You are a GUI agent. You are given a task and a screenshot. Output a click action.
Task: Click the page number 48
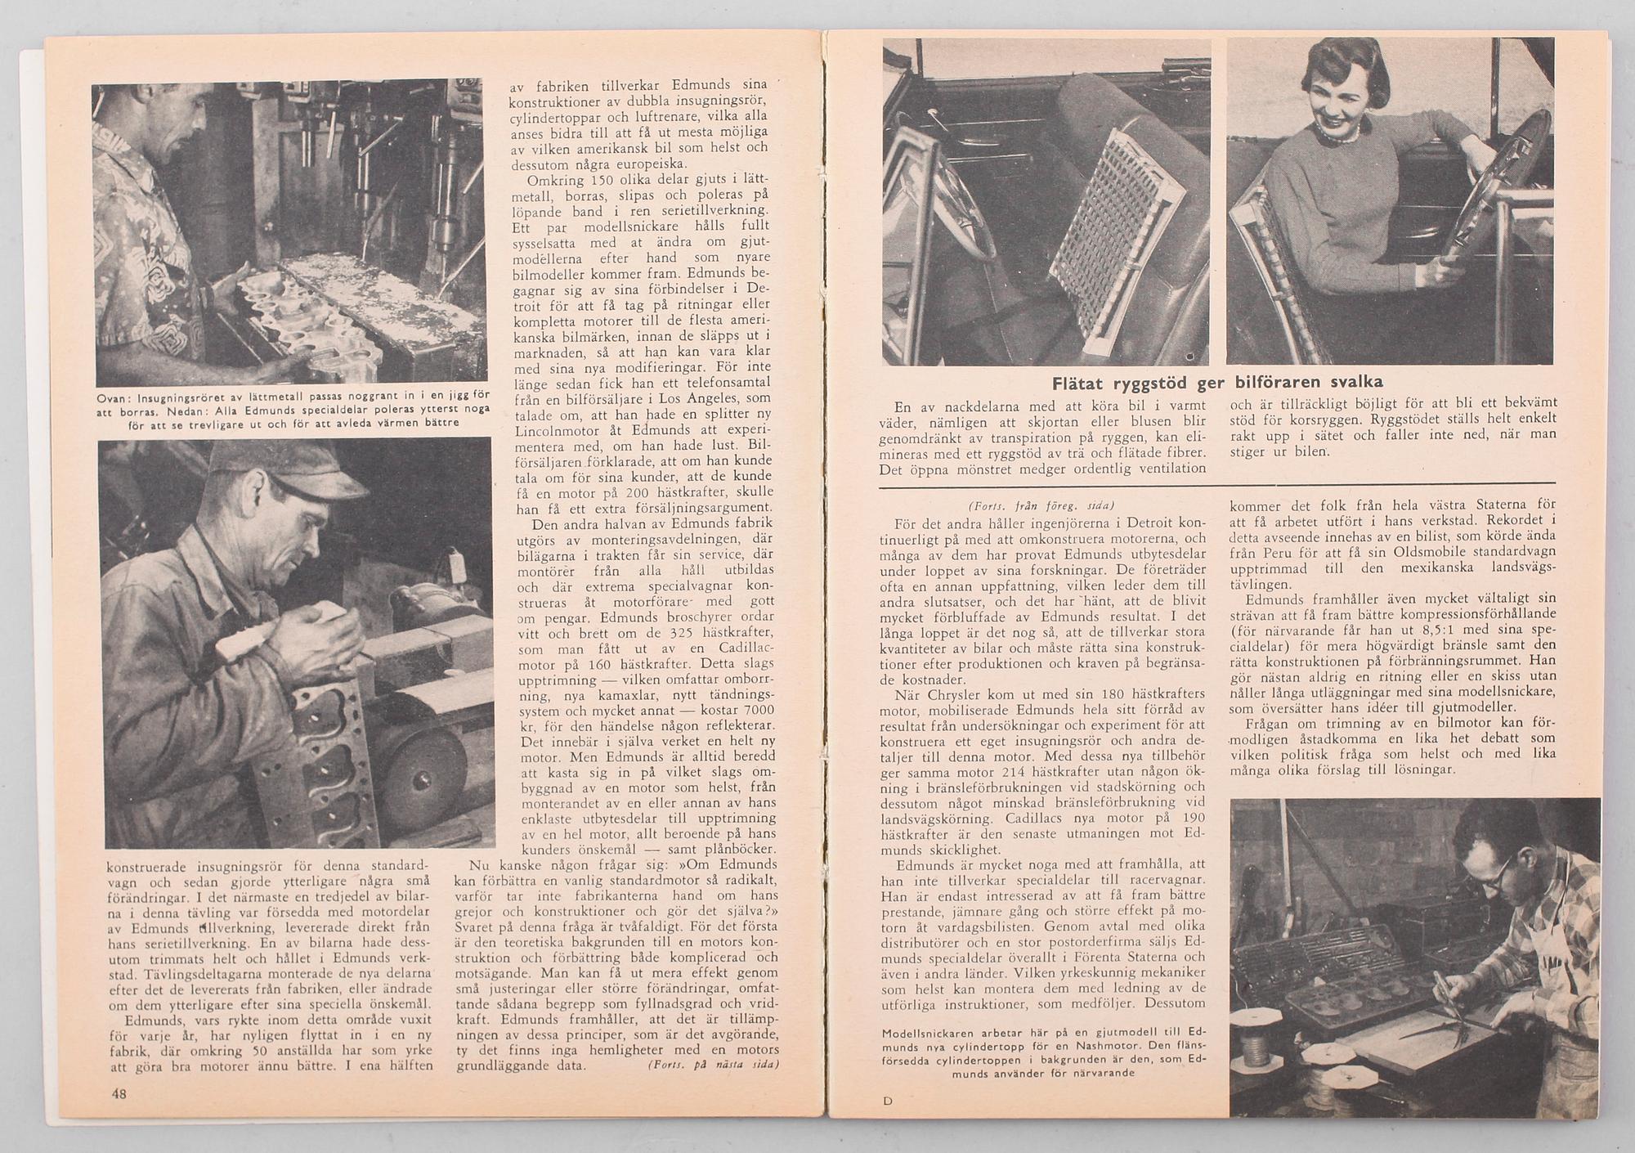pos(119,1094)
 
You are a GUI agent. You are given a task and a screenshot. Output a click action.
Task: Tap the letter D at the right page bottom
pos(888,1101)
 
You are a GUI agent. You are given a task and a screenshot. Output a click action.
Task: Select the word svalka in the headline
pos(1353,383)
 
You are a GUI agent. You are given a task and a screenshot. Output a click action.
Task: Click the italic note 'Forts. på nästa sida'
pos(712,1066)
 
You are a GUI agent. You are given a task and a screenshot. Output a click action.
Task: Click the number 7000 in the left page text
pos(754,711)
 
